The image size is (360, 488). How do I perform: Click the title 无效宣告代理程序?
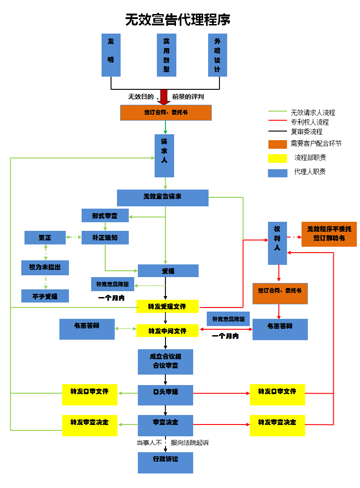(x=178, y=20)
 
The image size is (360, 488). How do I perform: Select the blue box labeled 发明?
(x=111, y=55)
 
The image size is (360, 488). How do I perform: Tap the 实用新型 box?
(x=166, y=55)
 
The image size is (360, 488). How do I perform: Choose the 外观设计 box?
(x=217, y=55)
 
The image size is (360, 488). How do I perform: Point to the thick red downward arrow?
(x=164, y=97)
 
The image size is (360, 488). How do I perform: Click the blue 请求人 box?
(x=164, y=155)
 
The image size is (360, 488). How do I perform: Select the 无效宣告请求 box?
(x=162, y=197)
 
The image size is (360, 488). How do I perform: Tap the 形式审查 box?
(x=105, y=215)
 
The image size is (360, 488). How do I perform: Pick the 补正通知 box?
(x=105, y=237)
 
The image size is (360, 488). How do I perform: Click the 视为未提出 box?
(x=45, y=268)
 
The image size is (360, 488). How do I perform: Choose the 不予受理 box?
(x=45, y=296)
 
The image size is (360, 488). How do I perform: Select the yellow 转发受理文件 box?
(x=167, y=306)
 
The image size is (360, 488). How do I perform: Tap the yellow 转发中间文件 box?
(x=167, y=330)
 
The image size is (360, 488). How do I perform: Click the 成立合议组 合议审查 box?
(x=165, y=361)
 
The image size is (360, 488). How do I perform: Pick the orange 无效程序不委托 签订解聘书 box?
(x=329, y=234)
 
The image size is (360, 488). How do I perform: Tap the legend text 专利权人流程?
(x=310, y=122)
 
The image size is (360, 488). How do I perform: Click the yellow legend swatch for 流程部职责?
(x=277, y=158)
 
